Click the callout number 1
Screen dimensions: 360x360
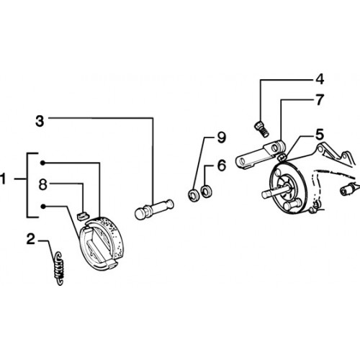(x=2, y=179)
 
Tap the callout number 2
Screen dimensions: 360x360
(x=31, y=239)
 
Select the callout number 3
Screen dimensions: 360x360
(x=40, y=121)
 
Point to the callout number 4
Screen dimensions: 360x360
(x=320, y=79)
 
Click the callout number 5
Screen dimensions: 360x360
(x=320, y=135)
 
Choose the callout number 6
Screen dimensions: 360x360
(x=222, y=166)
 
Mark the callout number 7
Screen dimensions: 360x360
(x=320, y=99)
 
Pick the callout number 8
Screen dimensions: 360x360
(x=43, y=184)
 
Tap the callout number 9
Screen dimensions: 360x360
(x=221, y=138)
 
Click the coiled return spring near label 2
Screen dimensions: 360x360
(x=59, y=268)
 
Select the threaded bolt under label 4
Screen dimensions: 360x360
(x=261, y=130)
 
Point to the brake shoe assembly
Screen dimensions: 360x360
(x=102, y=243)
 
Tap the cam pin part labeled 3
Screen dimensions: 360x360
(x=154, y=209)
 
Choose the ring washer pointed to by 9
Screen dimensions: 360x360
(x=193, y=194)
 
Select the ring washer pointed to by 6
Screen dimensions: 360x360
(x=206, y=192)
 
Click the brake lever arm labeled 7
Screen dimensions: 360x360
(x=261, y=154)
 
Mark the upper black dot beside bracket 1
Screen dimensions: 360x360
(x=42, y=163)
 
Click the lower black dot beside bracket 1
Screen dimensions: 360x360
(x=43, y=207)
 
